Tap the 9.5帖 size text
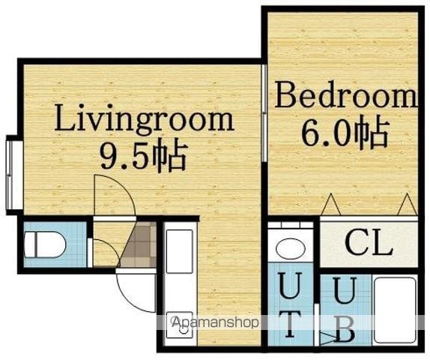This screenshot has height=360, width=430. (144, 157)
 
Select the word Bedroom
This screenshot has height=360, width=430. (346, 94)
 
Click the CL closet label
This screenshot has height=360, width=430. (369, 243)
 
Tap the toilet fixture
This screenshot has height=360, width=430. (45, 244)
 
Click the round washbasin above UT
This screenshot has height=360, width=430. (291, 249)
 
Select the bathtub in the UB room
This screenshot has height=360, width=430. (395, 310)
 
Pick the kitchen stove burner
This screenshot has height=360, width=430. (180, 326)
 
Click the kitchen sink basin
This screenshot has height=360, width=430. (180, 251)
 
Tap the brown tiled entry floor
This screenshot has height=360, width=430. (139, 244)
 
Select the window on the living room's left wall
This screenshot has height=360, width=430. (10, 175)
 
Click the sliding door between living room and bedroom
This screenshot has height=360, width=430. (264, 112)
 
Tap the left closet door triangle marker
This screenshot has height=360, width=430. (330, 204)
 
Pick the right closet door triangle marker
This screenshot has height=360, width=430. (408, 204)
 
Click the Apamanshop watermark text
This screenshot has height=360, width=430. (214, 322)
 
